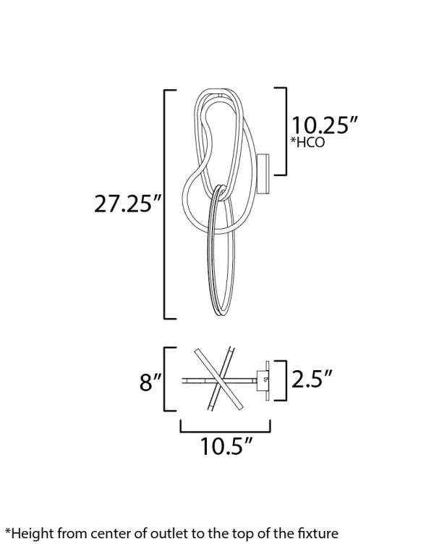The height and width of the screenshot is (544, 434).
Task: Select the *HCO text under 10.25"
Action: pyautogui.click(x=307, y=143)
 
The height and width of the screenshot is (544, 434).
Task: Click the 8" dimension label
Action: pyautogui.click(x=150, y=382)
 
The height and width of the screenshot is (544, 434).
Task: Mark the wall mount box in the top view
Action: pyautogui.click(x=265, y=379)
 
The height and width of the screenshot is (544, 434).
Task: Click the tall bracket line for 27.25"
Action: pyautogui.click(x=166, y=204)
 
